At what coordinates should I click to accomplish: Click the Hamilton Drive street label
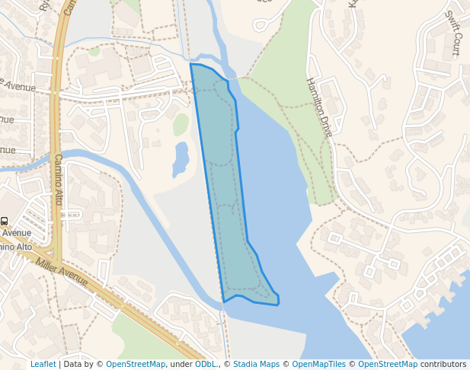pos(319,107)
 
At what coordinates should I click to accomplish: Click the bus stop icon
pos(4,221)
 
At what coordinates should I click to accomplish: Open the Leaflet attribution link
pos(43,364)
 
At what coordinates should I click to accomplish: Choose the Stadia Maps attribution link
pos(256,364)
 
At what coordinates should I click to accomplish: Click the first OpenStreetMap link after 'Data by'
pos(136,364)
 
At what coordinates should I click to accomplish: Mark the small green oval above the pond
pos(181,124)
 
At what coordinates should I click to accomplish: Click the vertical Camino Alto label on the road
pos(58,180)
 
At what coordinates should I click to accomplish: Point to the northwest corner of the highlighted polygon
pos(190,64)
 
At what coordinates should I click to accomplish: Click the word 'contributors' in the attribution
pos(443,364)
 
